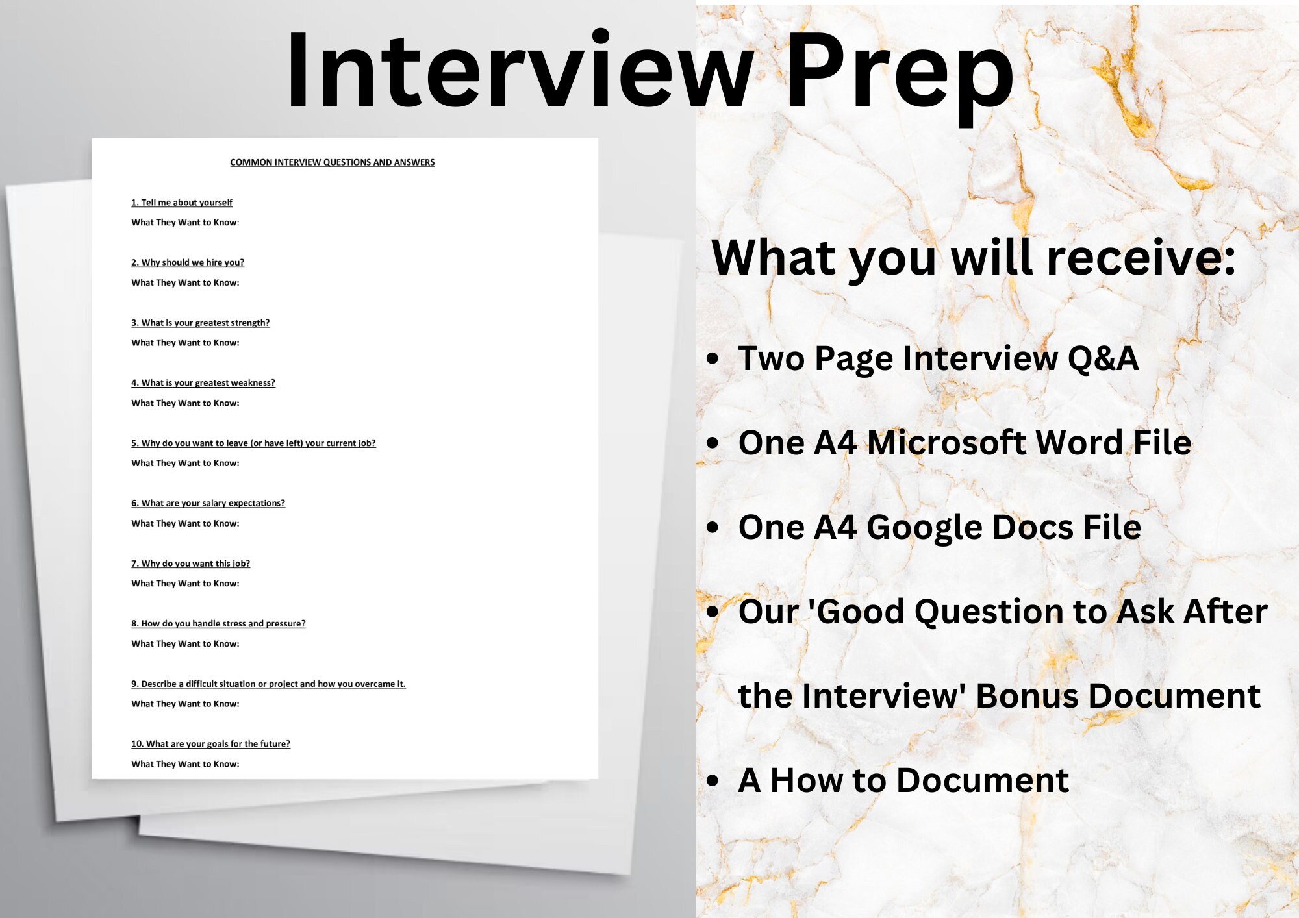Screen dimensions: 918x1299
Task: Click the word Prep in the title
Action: pyautogui.click(x=900, y=71)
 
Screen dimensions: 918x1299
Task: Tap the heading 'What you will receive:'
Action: pyautogui.click(x=973, y=258)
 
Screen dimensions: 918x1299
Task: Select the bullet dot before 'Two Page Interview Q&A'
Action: pyautogui.click(x=713, y=359)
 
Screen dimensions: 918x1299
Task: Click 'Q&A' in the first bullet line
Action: pyautogui.click(x=1103, y=358)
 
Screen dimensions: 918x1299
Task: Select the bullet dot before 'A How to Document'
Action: pyautogui.click(x=713, y=781)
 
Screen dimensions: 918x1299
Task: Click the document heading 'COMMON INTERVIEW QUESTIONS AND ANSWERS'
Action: pyautogui.click(x=332, y=162)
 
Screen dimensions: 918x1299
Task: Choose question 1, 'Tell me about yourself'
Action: pyautogui.click(x=182, y=203)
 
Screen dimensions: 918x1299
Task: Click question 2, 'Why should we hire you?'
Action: pyautogui.click(x=188, y=262)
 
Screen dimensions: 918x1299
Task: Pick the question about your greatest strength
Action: pyautogui.click(x=200, y=323)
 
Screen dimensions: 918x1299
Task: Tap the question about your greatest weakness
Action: pyautogui.click(x=203, y=383)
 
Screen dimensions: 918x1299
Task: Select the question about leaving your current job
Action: pyautogui.click(x=253, y=443)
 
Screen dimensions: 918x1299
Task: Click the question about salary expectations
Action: pyautogui.click(x=208, y=503)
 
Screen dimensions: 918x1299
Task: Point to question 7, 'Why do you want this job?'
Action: pyautogui.click(x=190, y=564)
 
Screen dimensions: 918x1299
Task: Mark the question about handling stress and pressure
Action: pyautogui.click(x=218, y=623)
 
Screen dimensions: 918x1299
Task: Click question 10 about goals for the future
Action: pyautogui.click(x=210, y=744)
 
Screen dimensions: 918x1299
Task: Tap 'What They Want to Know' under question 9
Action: pyautogui.click(x=185, y=704)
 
